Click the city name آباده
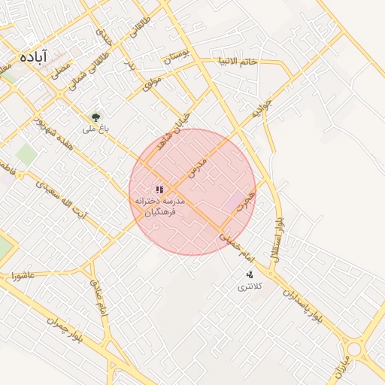pyautogui.click(x=33, y=56)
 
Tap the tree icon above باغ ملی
pyautogui.click(x=95, y=117)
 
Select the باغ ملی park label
pyautogui.click(x=95, y=129)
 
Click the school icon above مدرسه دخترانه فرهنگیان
pyautogui.click(x=159, y=190)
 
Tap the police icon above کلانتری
pyautogui.click(x=249, y=274)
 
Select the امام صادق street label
pyautogui.click(x=99, y=298)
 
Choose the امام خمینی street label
pyautogui.click(x=239, y=249)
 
